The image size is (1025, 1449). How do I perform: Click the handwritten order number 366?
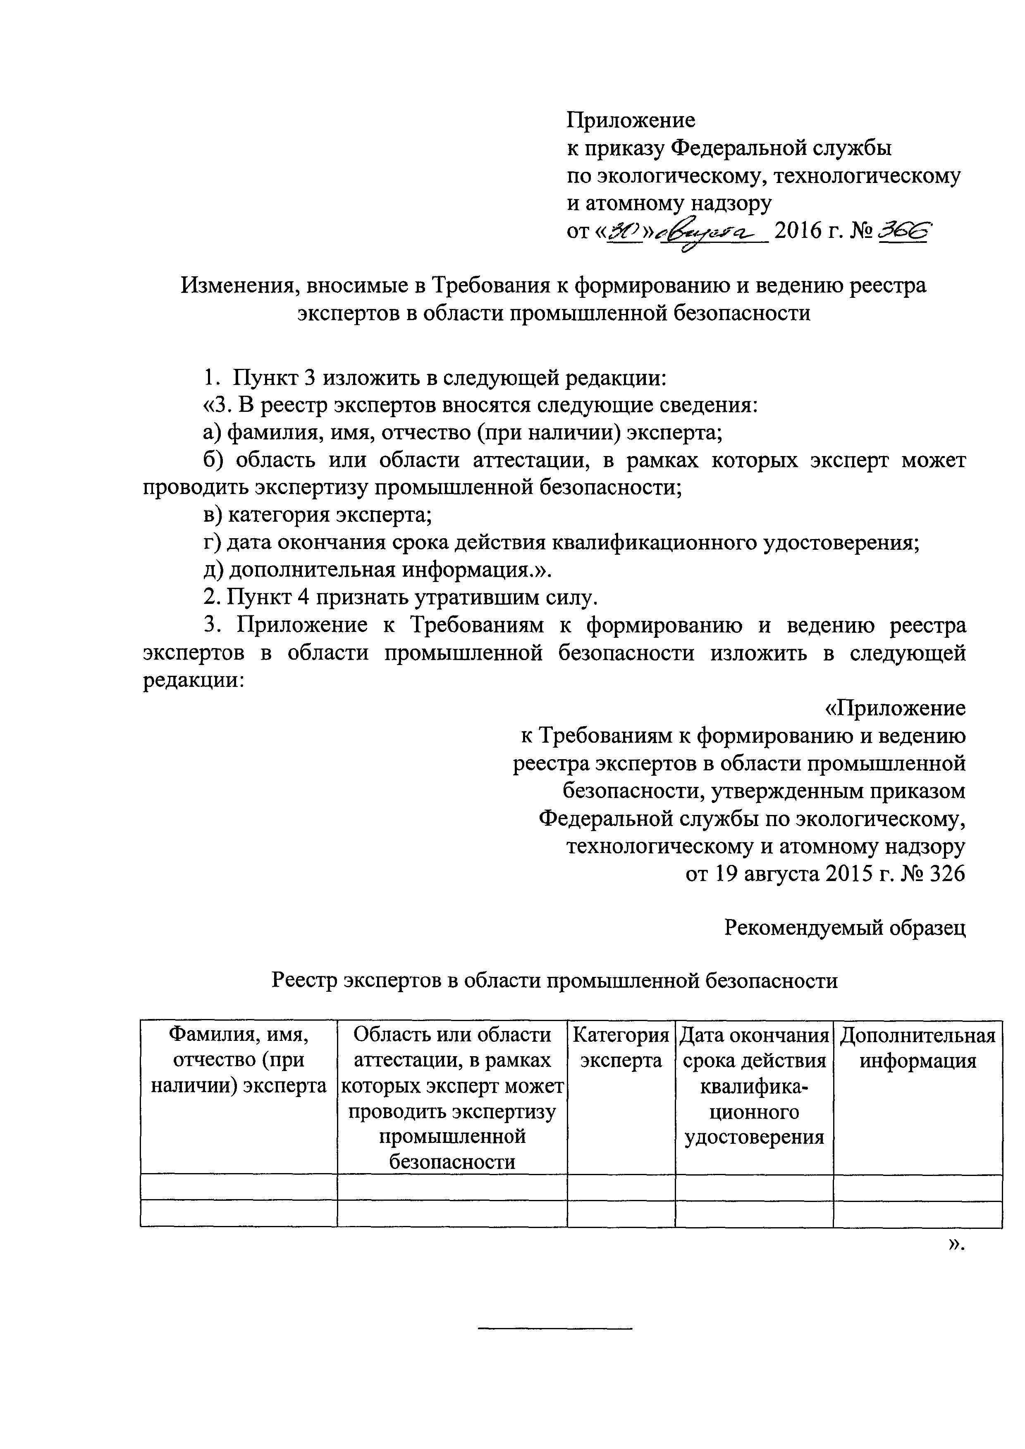click(904, 232)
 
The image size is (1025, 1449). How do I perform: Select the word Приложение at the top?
click(630, 119)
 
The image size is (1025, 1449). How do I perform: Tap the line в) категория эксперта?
click(318, 515)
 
